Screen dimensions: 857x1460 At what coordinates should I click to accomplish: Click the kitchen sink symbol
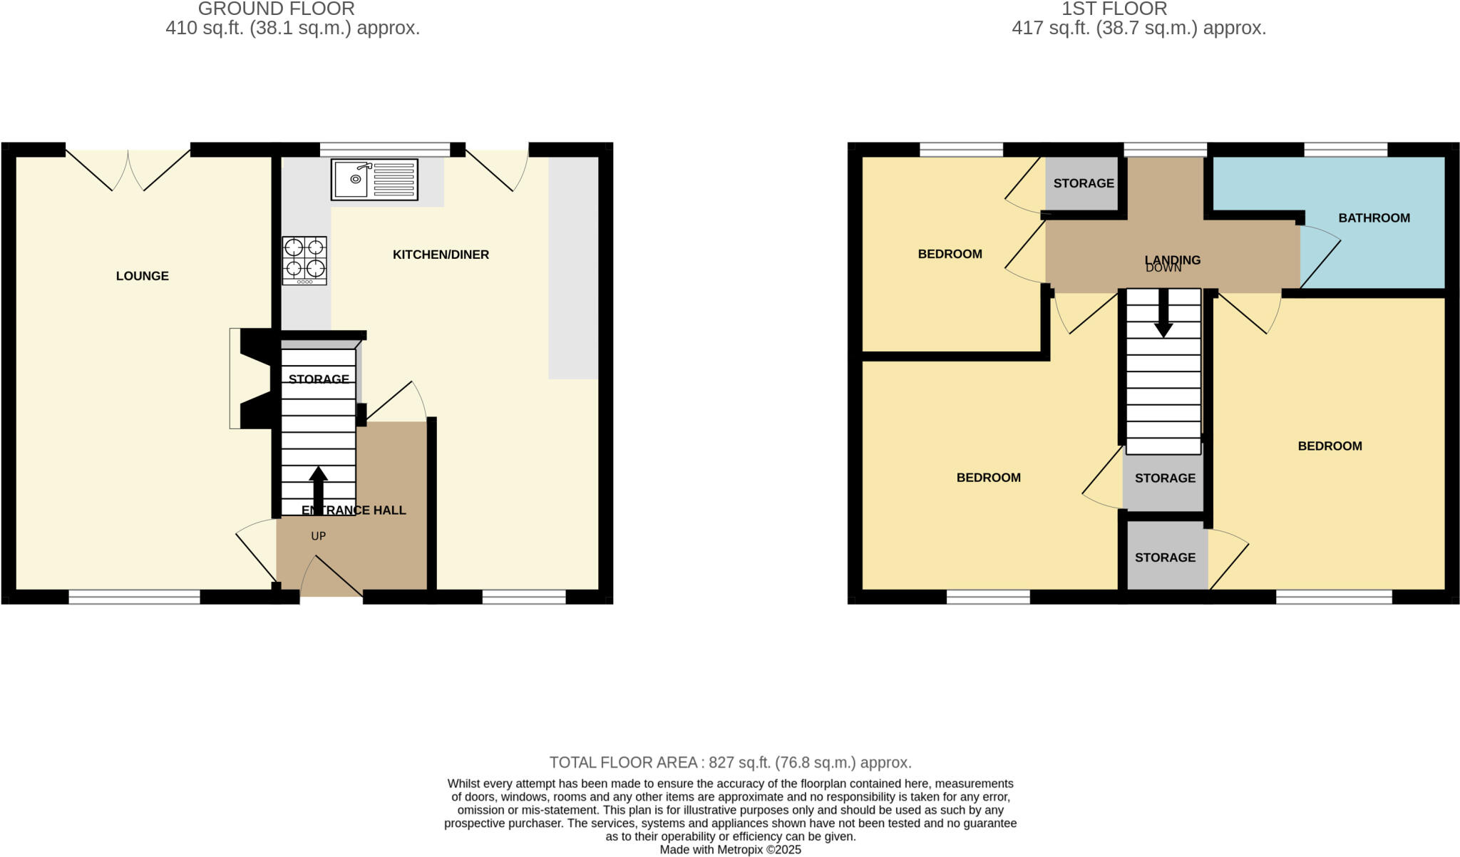(374, 180)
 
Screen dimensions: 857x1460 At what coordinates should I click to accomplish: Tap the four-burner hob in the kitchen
(304, 260)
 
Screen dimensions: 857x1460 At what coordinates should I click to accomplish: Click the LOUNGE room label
(143, 276)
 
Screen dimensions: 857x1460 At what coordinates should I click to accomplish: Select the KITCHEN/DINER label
(441, 255)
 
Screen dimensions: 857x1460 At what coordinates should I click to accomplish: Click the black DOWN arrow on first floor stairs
(1163, 314)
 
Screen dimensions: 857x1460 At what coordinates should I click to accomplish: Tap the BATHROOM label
(1374, 218)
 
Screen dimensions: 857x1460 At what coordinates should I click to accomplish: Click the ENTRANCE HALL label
(354, 510)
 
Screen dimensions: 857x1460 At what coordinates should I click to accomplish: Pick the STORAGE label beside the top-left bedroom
(1084, 183)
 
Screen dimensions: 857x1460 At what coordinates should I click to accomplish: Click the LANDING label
(1172, 260)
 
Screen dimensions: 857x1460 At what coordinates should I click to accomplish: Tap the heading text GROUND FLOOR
(276, 9)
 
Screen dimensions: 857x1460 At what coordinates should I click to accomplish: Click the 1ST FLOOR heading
(1138, 9)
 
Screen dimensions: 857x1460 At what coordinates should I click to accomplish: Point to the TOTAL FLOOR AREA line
(730, 762)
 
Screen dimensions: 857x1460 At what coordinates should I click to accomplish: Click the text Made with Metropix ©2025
(730, 850)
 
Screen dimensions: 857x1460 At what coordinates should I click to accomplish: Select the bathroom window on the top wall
(1345, 150)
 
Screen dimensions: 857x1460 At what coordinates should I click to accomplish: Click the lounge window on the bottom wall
(134, 597)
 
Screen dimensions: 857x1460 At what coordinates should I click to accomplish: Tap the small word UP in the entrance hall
(318, 536)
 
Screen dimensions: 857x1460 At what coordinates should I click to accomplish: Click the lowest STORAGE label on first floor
(1165, 558)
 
